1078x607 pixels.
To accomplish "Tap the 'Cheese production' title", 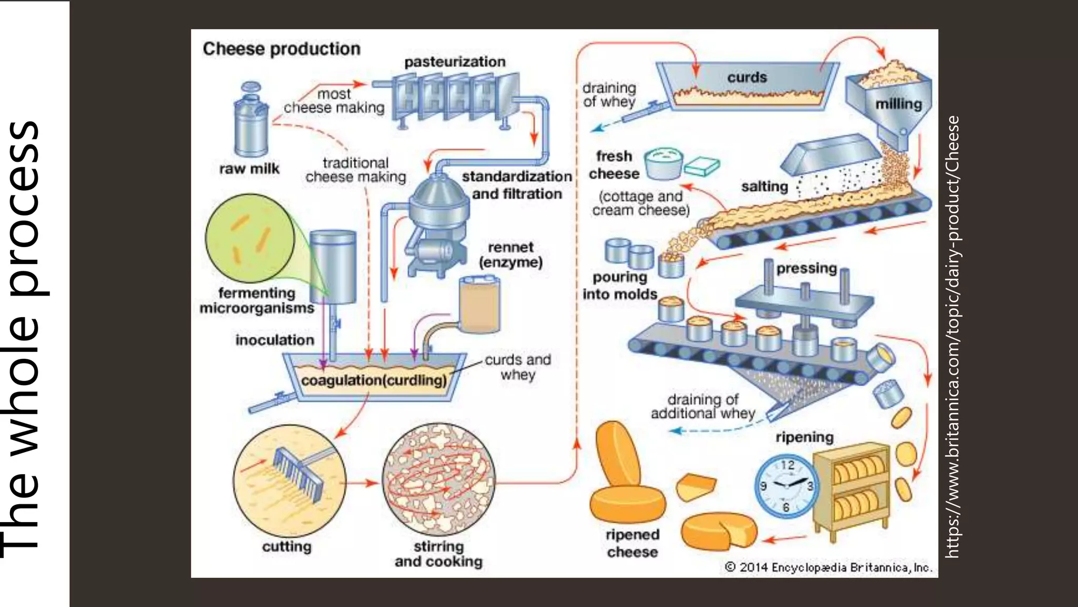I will coord(282,49).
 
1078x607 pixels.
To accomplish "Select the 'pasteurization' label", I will coord(455,62).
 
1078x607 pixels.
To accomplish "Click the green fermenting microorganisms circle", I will coord(249,239).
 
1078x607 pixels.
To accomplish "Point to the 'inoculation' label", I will coord(275,340).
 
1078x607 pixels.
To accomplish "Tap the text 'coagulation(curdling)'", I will coord(374,380).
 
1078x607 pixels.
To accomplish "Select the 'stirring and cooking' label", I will coord(438,554).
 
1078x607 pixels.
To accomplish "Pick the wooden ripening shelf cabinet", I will coord(851,490).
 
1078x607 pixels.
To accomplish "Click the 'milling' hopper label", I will coord(899,104).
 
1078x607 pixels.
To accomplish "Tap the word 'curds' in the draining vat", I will coord(747,77).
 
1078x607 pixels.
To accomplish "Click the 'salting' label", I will coord(764,187).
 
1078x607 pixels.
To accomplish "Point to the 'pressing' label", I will coord(806,268).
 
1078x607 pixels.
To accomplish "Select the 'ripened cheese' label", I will coord(632,543).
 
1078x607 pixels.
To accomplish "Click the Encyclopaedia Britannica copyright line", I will coord(829,567).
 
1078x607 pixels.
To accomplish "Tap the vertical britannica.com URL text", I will coord(953,337).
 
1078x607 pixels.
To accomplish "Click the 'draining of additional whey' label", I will coord(702,406).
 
